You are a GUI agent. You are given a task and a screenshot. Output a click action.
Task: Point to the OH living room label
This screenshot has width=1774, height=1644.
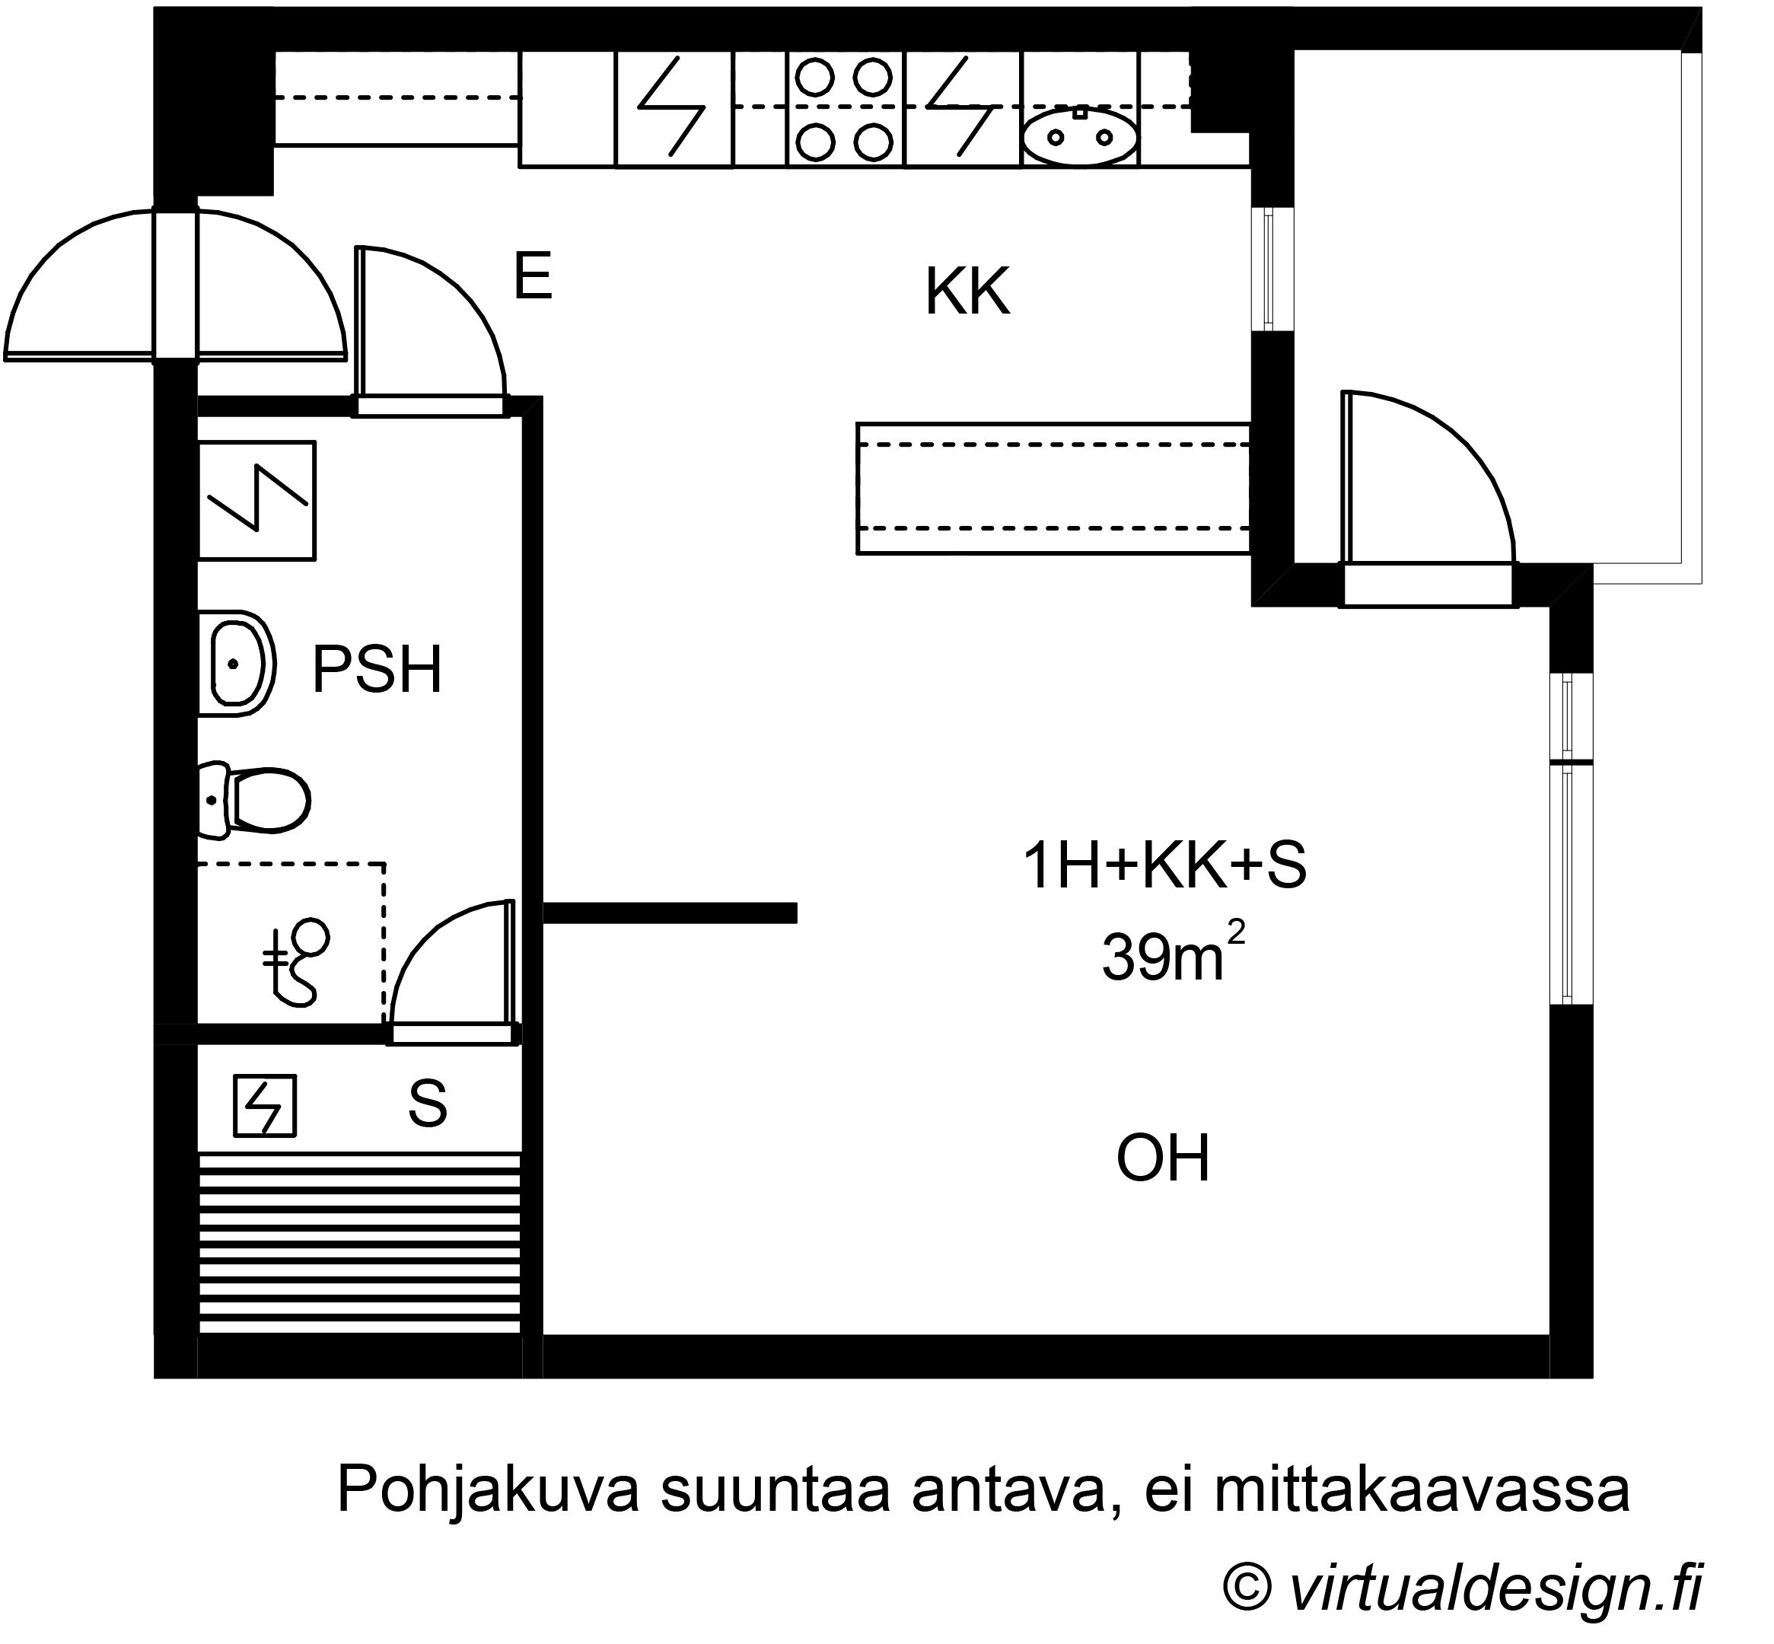coord(1163,1158)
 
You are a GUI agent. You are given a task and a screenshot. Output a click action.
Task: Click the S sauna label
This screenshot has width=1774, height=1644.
coord(427,1104)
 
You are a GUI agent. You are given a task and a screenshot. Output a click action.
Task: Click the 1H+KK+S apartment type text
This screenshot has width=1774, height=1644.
coord(1164,865)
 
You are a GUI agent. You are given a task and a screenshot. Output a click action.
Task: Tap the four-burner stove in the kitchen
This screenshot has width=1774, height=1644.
coord(843,109)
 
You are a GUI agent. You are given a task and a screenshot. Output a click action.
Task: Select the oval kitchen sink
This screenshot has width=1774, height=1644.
coord(1079,137)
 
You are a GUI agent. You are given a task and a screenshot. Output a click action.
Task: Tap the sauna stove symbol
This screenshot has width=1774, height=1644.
coord(264,1106)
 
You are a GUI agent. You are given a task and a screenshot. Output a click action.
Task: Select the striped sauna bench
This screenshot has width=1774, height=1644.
coord(359,1243)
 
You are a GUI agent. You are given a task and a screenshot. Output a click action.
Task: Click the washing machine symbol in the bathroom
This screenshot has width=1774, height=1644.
coord(256,500)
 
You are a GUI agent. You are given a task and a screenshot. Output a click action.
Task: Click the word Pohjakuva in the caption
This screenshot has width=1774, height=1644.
coord(489,1490)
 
